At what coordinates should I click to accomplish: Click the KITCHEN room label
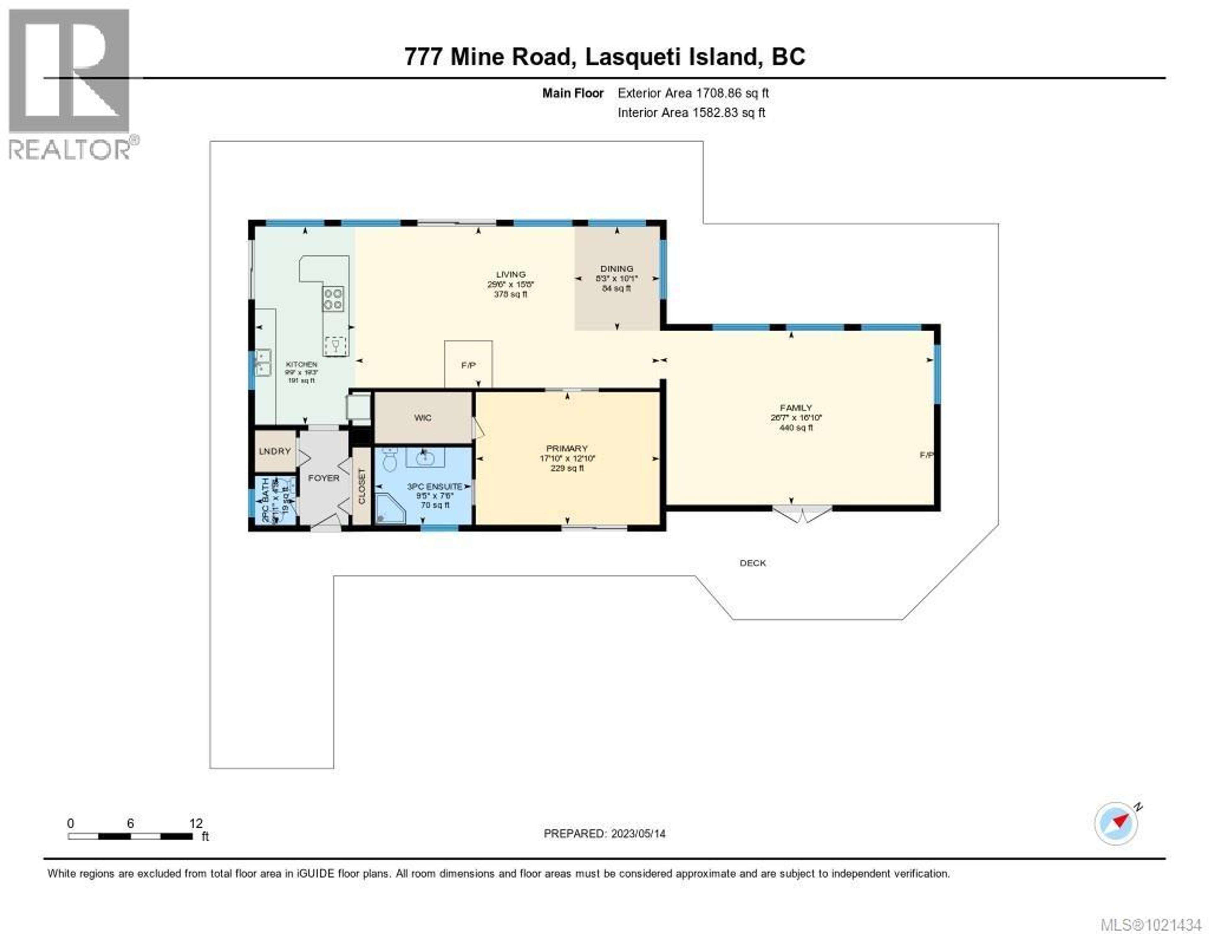[301, 364]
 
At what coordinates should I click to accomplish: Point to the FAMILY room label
[796, 407]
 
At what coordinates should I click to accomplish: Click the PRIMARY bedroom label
[567, 448]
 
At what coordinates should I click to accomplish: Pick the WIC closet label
[423, 418]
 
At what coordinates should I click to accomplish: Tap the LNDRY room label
[275, 451]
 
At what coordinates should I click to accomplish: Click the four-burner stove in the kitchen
[333, 299]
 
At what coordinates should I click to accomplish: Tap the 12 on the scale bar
[196, 823]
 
